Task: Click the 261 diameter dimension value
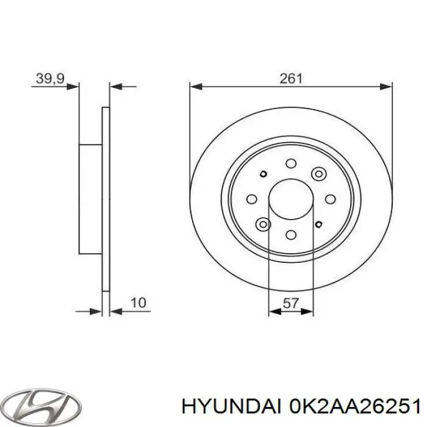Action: click(x=291, y=78)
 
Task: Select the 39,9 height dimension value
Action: click(x=50, y=78)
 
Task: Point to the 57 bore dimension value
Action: click(x=291, y=303)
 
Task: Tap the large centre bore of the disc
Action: click(x=291, y=199)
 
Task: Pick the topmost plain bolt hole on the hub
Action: click(x=291, y=163)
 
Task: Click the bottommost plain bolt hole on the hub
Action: click(x=291, y=235)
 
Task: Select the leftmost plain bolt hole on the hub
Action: click(x=251, y=199)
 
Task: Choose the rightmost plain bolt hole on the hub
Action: click(x=331, y=199)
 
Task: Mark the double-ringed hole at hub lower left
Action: click(x=264, y=225)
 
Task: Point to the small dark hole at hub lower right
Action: click(x=318, y=223)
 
